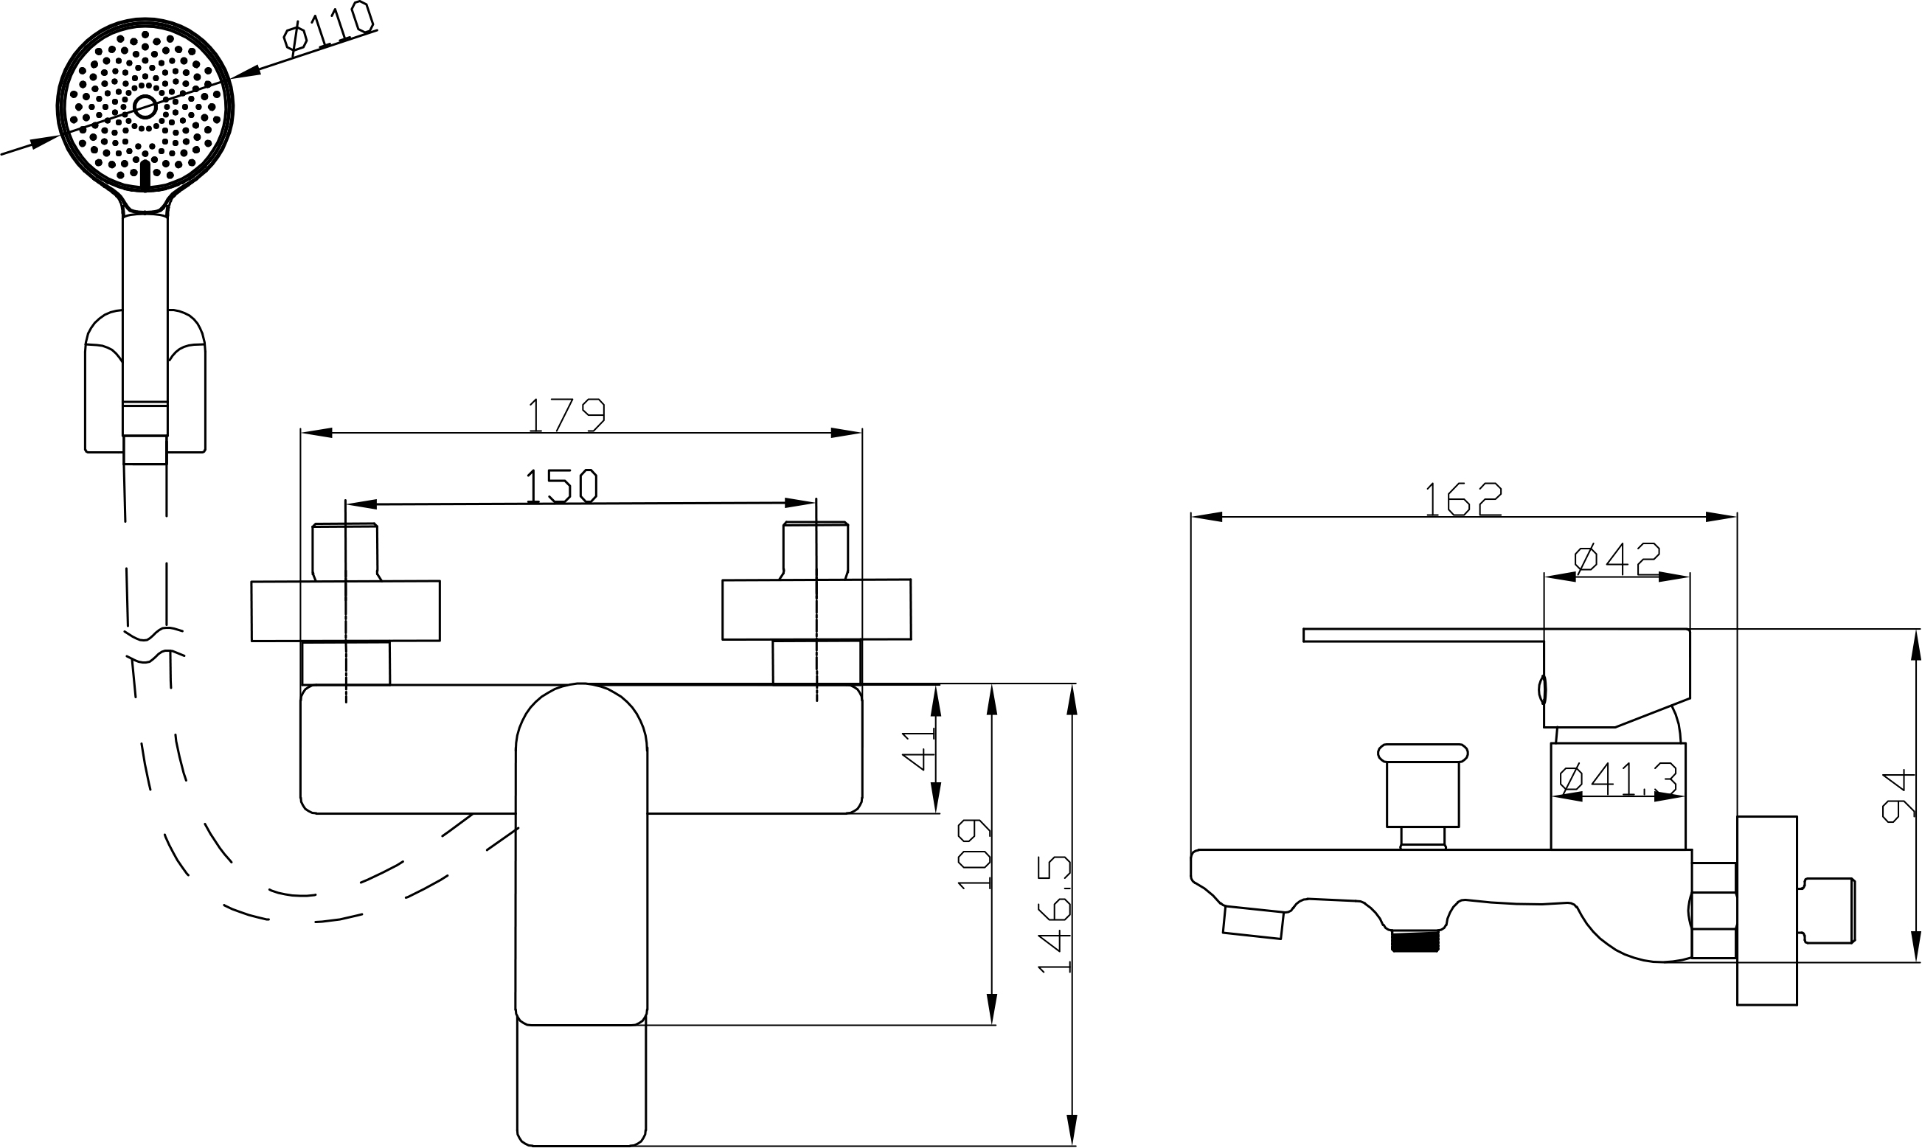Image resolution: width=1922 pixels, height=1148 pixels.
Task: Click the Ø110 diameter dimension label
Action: [327, 29]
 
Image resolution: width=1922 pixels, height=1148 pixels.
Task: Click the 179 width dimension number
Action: [566, 414]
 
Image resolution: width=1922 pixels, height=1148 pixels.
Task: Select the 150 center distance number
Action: [562, 486]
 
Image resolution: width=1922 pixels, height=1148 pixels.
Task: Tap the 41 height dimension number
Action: [918, 748]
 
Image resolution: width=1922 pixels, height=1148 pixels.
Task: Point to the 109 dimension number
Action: [974, 853]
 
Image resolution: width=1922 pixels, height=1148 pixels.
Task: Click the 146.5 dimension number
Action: [1055, 914]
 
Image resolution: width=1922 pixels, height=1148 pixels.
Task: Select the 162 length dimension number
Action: [1463, 499]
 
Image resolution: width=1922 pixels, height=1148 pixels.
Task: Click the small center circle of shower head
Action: [145, 105]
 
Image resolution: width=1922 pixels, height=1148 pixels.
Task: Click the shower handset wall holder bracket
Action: [145, 387]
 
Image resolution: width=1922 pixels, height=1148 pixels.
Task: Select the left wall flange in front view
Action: [345, 611]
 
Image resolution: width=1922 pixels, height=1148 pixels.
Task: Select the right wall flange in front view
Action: [816, 610]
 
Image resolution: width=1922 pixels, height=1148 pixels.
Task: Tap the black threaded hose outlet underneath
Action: [1415, 942]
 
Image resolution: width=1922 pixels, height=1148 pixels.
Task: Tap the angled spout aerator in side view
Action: [1253, 923]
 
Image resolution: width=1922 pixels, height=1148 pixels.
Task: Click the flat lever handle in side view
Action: [1423, 635]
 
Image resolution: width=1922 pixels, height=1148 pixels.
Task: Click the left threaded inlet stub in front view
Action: [345, 551]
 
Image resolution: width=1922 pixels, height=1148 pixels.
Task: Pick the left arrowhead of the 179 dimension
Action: [316, 432]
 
